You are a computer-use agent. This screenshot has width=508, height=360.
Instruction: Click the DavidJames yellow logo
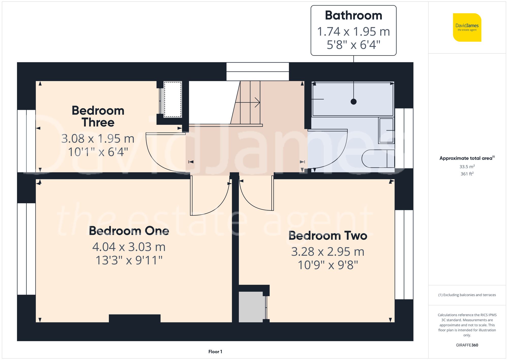pos(467,27)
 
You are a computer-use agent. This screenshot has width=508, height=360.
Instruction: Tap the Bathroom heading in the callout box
pos(353,16)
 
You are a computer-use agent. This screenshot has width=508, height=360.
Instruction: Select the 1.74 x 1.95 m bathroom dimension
pos(353,32)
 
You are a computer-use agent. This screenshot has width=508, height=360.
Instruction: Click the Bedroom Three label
pos(98,116)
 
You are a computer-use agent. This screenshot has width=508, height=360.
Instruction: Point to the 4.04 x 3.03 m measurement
pos(129,247)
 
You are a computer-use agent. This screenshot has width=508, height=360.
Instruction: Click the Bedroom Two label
pos(328,236)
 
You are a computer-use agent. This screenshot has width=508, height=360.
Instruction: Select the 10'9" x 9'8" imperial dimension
pos(328,265)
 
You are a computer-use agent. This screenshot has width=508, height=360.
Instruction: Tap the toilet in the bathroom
pos(377,159)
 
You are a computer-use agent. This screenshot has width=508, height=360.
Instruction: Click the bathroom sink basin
pos(386,130)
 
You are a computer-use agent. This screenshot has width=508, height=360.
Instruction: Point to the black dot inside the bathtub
pos(353,102)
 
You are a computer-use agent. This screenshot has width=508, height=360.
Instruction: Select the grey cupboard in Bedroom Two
pos(251,307)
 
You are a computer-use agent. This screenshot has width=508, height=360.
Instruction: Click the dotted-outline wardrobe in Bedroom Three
pos(173,99)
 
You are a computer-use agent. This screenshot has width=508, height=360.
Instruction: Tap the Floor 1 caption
pos(215,352)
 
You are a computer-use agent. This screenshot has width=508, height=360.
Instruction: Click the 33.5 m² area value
pos(467,167)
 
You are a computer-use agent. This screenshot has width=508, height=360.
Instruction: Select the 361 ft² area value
pos(467,174)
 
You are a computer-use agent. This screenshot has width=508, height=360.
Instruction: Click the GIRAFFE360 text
pos(467,345)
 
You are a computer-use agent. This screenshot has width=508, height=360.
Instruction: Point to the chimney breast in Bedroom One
pos(135,318)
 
